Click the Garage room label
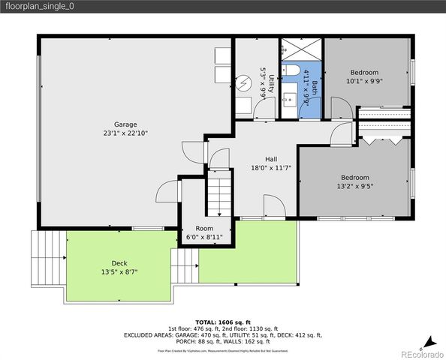pos(125,124)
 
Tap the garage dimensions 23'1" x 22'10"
pos(125,133)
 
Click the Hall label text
pos(271,159)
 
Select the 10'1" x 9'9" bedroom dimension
pos(365,81)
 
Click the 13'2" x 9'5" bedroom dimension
pos(354,187)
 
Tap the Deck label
pos(119,262)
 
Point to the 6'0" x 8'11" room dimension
pos(204,237)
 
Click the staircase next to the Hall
pos(219,193)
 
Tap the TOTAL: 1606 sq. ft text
pos(224,320)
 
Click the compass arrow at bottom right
pos(426,341)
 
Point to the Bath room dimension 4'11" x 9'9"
pos(306,88)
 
